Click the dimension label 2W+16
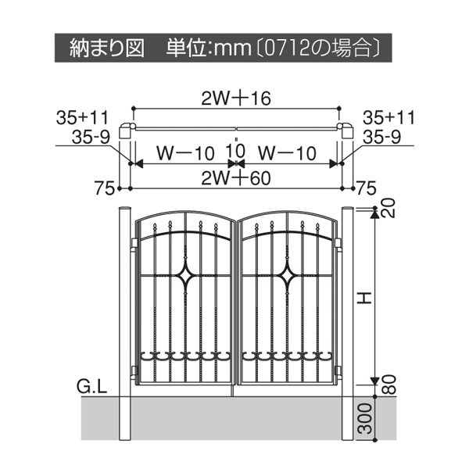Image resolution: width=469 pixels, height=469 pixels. coord(236,98)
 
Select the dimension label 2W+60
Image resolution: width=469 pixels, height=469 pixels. coord(236,178)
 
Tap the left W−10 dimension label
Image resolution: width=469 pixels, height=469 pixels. coord(185,153)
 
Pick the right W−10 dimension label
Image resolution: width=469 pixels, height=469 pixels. coord(287,153)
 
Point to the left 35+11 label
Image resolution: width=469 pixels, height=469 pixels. coord(82,117)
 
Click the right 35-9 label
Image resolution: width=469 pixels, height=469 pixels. coord(382,138)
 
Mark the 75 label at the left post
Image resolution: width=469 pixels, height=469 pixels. coord(105,188)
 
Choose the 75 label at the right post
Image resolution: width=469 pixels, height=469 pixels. coord(367,188)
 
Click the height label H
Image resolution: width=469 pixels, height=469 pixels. coord(364,298)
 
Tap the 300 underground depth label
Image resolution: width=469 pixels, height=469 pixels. coord(365,418)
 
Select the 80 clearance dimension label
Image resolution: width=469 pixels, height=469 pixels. coord(389,385)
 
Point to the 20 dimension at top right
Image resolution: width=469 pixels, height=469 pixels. coord(388,208)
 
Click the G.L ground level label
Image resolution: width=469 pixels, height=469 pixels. coord(91,387)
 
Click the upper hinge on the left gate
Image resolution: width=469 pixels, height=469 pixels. coord(134,242)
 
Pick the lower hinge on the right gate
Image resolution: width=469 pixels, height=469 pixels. coord(339,371)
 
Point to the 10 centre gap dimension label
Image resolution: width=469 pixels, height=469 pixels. coord(236,151)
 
